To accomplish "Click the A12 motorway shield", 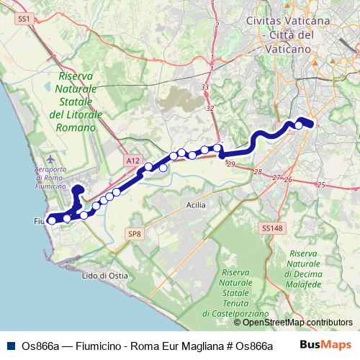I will [x=131, y=161].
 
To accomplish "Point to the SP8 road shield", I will [x=135, y=233].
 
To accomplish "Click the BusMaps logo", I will [x=325, y=345].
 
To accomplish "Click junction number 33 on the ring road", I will [x=205, y=87].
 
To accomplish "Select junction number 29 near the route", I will [x=231, y=165].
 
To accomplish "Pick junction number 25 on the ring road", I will [x=321, y=185].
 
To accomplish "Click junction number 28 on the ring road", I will [x=258, y=171].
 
